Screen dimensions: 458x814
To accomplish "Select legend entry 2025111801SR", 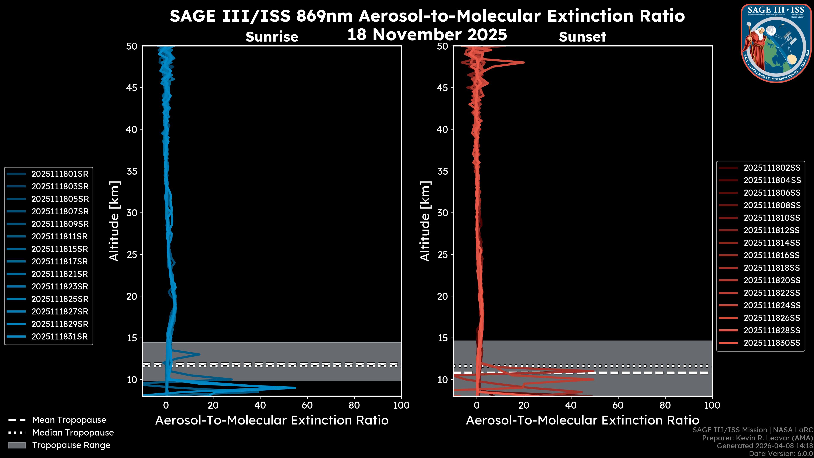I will point(60,174).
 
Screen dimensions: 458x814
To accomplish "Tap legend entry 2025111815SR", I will point(60,249).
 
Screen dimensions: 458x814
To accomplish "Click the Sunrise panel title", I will point(272,37).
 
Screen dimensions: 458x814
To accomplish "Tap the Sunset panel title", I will point(582,37).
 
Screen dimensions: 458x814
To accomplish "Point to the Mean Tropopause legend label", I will point(69,420).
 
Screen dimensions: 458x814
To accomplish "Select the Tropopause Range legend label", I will point(71,445).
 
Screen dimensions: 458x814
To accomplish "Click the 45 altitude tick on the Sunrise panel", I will point(132,88).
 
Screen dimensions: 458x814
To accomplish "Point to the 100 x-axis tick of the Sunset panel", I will point(712,405).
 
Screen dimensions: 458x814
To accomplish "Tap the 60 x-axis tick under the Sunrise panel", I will point(307,405).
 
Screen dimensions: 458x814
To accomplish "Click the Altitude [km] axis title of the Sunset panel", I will point(425,221).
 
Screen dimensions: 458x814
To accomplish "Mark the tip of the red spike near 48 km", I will point(524,62).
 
